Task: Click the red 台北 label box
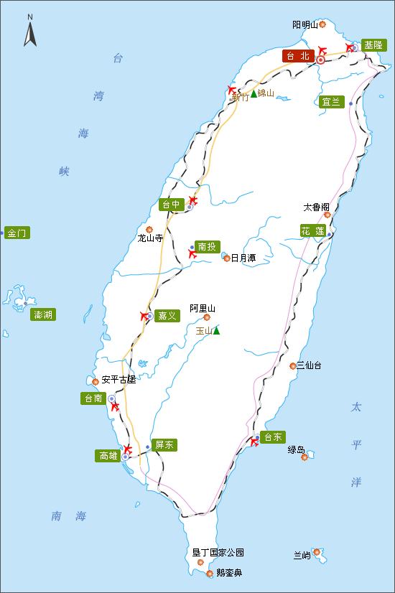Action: [298, 56]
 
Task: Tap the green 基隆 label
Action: [373, 45]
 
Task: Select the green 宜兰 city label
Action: [331, 102]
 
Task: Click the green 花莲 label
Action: [313, 230]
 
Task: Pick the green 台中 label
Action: [172, 205]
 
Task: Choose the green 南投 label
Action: [207, 246]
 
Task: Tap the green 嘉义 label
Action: [167, 316]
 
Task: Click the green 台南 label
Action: [93, 398]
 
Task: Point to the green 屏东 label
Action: [164, 445]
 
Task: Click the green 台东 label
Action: [274, 436]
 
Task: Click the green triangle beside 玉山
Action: [216, 330]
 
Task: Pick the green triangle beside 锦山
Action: [254, 93]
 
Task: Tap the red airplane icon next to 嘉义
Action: [145, 316]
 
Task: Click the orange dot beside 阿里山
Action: [207, 317]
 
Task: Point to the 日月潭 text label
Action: [243, 258]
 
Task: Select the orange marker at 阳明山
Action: [322, 24]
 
